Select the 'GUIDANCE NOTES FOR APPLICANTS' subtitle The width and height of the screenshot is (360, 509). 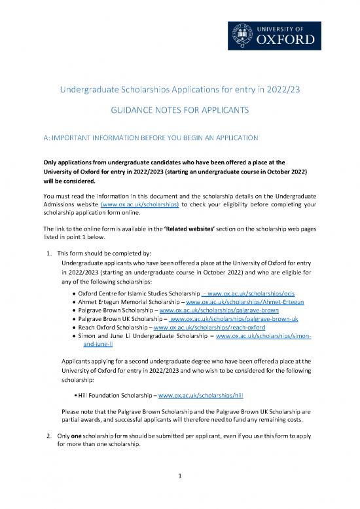(x=180, y=112)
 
